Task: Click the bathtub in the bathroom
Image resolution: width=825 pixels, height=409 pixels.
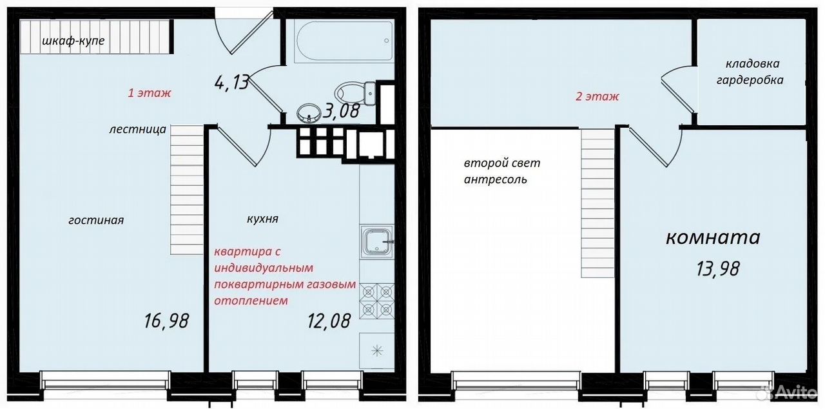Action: [x=344, y=40]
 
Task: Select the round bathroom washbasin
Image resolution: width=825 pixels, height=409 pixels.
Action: [x=309, y=113]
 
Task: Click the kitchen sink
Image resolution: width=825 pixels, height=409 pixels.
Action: [x=377, y=243]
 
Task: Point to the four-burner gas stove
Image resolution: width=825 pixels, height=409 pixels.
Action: [x=377, y=301]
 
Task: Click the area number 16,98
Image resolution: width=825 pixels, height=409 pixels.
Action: [x=166, y=321]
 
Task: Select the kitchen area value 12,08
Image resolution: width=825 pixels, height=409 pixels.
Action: [x=329, y=321]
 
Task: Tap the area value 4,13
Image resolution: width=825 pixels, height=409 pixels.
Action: [x=231, y=82]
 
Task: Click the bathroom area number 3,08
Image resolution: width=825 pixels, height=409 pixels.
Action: [x=341, y=110]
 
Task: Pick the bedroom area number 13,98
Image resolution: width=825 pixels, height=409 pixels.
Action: [x=717, y=268]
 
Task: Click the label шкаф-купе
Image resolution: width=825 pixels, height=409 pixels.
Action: [x=73, y=41]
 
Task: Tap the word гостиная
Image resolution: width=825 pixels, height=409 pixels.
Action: [x=96, y=221]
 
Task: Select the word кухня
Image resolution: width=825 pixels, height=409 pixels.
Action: [x=262, y=219]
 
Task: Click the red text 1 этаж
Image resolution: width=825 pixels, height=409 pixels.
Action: [x=150, y=93]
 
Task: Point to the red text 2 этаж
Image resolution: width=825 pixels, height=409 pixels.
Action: [x=597, y=97]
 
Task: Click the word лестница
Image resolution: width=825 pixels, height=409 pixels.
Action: [x=137, y=130]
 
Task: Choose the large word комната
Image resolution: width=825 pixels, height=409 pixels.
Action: [x=713, y=237]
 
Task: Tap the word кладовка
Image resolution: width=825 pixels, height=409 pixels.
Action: [x=752, y=64]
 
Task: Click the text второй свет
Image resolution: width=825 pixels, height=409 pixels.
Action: [x=502, y=163]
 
